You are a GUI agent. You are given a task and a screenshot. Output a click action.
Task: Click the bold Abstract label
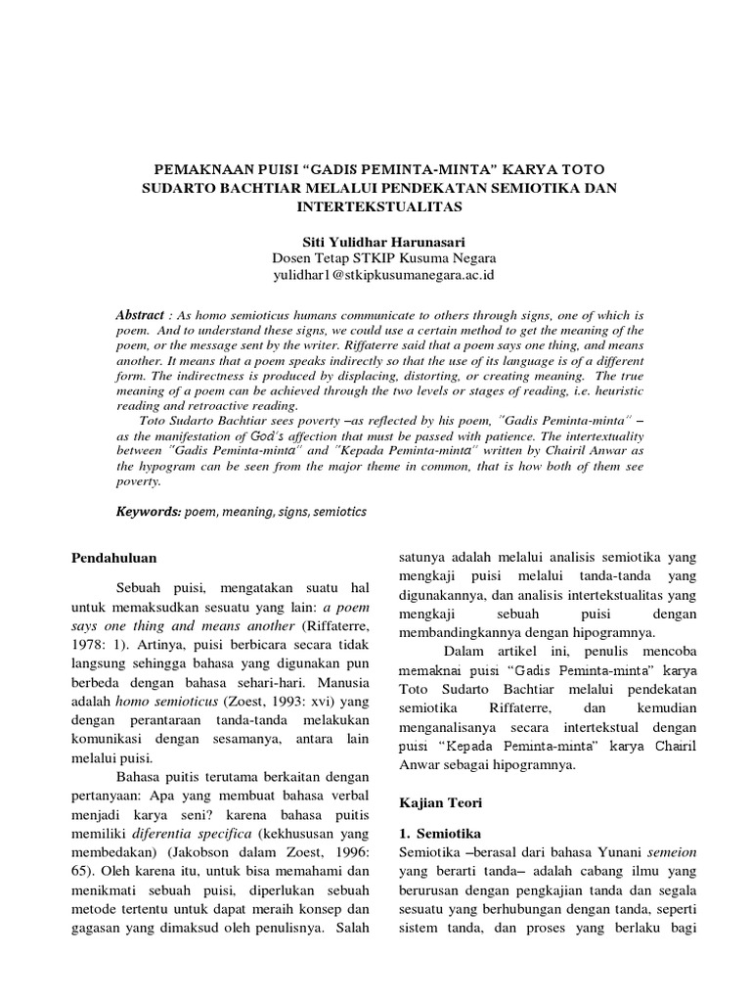click(x=139, y=317)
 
